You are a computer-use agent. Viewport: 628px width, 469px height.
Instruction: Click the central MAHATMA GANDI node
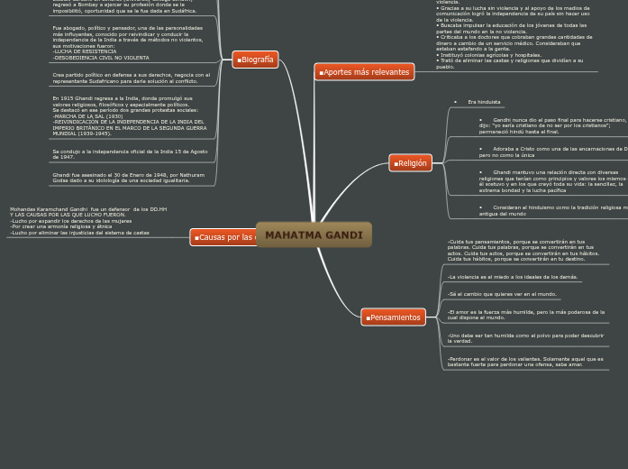[314, 235]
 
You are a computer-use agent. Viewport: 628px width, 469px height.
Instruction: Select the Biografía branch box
[255, 60]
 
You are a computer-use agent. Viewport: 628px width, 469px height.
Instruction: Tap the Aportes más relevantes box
[364, 72]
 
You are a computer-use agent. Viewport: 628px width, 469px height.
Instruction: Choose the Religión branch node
[410, 163]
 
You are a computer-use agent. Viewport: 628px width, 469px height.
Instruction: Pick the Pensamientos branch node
[393, 317]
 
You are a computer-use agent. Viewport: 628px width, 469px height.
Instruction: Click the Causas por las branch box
[224, 237]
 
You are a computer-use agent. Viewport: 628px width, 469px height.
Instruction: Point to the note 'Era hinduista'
[484, 102]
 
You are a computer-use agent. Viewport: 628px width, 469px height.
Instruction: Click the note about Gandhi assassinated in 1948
[128, 178]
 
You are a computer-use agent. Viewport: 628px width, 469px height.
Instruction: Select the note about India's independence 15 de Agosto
[130, 154]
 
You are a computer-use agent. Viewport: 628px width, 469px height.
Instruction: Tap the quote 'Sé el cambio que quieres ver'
[502, 294]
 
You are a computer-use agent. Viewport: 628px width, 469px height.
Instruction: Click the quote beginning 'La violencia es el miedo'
[513, 277]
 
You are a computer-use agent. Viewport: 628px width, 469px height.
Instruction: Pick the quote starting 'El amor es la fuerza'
[525, 315]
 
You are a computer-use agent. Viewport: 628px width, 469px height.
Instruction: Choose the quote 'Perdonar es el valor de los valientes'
[525, 362]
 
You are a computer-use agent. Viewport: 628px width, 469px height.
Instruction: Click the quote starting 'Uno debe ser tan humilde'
[525, 338]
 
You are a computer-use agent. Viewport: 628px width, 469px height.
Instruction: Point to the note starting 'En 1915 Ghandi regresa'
[129, 115]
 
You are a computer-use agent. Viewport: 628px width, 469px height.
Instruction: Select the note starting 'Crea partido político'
[131, 78]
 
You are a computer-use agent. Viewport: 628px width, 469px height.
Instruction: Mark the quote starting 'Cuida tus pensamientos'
[523, 250]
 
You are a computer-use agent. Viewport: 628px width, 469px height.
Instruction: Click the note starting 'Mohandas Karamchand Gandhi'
[88, 221]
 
